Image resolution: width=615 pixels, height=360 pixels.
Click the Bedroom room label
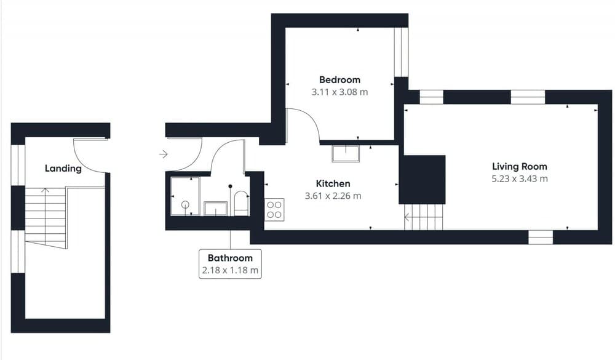[339, 79]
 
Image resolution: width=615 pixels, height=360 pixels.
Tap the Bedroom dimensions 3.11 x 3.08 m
[339, 92]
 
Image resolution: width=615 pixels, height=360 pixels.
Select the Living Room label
[519, 166]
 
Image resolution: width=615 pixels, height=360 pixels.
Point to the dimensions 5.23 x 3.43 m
[519, 179]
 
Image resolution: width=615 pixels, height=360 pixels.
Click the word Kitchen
[333, 183]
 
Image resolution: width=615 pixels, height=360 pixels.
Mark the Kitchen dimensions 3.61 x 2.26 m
[333, 196]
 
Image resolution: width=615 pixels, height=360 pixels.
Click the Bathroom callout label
[230, 258]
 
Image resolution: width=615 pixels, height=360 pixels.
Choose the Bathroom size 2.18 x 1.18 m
[230, 270]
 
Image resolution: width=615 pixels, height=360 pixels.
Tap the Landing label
[63, 169]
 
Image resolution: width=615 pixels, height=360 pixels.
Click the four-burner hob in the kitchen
[274, 209]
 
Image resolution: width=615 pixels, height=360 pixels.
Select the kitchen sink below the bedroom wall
[346, 153]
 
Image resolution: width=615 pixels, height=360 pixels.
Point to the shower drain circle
[184, 204]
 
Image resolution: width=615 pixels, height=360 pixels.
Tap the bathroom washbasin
[215, 209]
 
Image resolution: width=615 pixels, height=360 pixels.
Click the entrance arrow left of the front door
[163, 154]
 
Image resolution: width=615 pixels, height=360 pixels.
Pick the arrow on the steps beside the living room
[408, 217]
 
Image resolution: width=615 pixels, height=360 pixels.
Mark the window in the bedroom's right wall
[401, 52]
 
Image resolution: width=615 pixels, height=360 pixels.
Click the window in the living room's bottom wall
[541, 237]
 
